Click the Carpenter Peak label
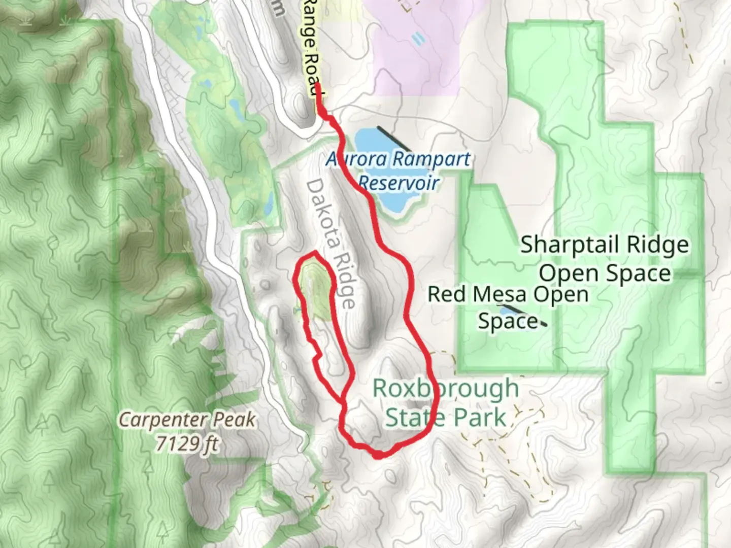[x=187, y=420]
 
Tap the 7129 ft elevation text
[x=187, y=444]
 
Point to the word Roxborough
[x=446, y=389]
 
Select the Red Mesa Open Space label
[x=508, y=307]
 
